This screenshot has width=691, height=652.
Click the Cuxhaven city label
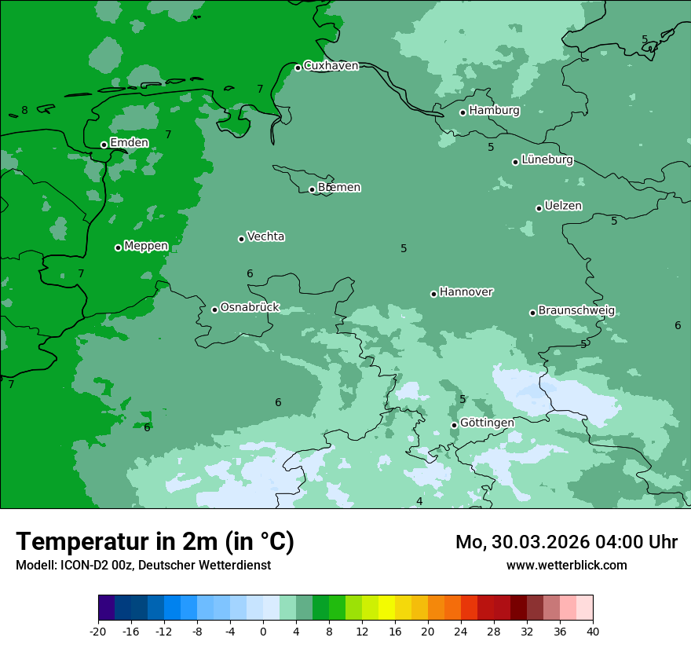pyautogui.click(x=331, y=66)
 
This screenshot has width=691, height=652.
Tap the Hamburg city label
pyautogui.click(x=494, y=111)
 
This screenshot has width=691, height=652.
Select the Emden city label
pyautogui.click(x=129, y=143)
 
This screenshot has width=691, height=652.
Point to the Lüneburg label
pyautogui.click(x=547, y=160)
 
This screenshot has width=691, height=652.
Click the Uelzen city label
pyautogui.click(x=563, y=207)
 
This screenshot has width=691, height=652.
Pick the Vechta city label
pyautogui.click(x=265, y=236)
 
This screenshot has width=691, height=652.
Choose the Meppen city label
pyautogui.click(x=146, y=246)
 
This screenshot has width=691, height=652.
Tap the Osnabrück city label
pyautogui.click(x=250, y=308)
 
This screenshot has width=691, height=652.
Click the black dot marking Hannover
pyautogui.click(x=433, y=294)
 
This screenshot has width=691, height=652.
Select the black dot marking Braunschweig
pyautogui.click(x=532, y=313)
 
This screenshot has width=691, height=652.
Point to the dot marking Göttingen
pyautogui.click(x=454, y=425)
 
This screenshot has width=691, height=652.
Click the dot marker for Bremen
pyautogui.click(x=312, y=189)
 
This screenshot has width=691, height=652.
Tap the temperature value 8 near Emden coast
pyautogui.click(x=24, y=111)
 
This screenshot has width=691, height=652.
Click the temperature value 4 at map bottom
pyautogui.click(x=419, y=501)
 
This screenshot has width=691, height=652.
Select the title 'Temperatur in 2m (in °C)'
pyautogui.click(x=155, y=542)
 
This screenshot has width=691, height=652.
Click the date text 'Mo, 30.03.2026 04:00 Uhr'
pyautogui.click(x=566, y=542)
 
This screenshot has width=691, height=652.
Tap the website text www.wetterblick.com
pyautogui.click(x=566, y=565)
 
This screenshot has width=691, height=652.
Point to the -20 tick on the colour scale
pyautogui.click(x=98, y=632)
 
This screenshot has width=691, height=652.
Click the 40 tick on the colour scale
pyautogui.click(x=592, y=632)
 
